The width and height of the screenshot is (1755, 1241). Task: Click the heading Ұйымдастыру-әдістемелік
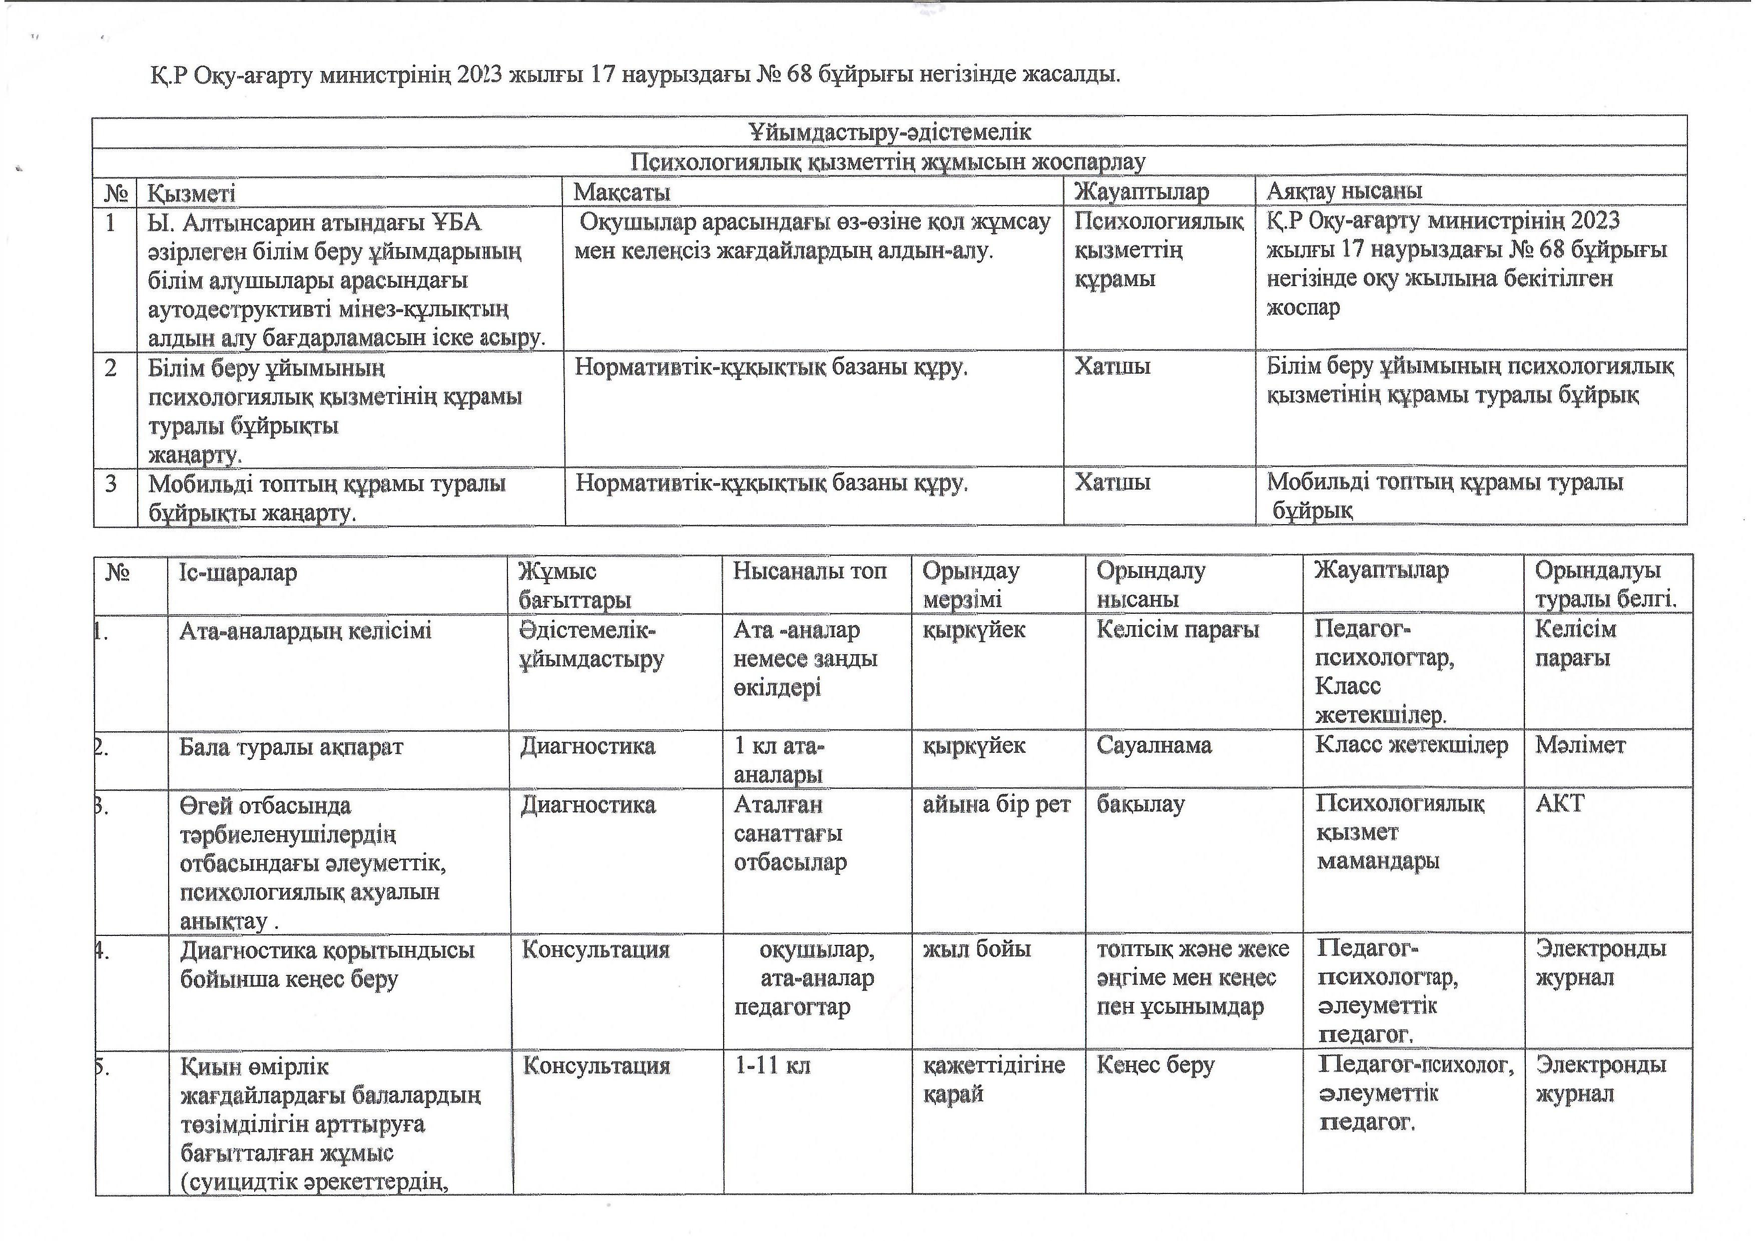[890, 132]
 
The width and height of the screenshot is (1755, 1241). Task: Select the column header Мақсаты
[622, 192]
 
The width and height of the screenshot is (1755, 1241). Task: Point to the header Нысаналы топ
[810, 571]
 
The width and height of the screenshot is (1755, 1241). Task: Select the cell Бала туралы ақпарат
[291, 747]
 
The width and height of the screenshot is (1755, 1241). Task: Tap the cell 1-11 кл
[772, 1065]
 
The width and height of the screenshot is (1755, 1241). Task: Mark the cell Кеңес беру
[1155, 1065]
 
